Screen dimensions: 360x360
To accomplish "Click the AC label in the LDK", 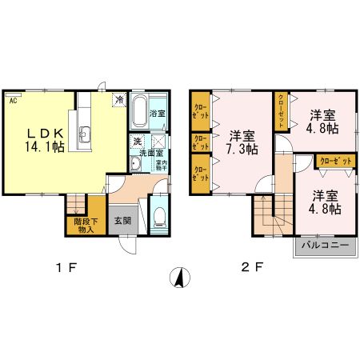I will click(14, 102).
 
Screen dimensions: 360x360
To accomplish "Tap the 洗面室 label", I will click(148, 152).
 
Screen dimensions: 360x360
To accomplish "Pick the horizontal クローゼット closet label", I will click(335, 162).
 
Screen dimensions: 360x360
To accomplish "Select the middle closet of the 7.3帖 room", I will click(200, 142).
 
